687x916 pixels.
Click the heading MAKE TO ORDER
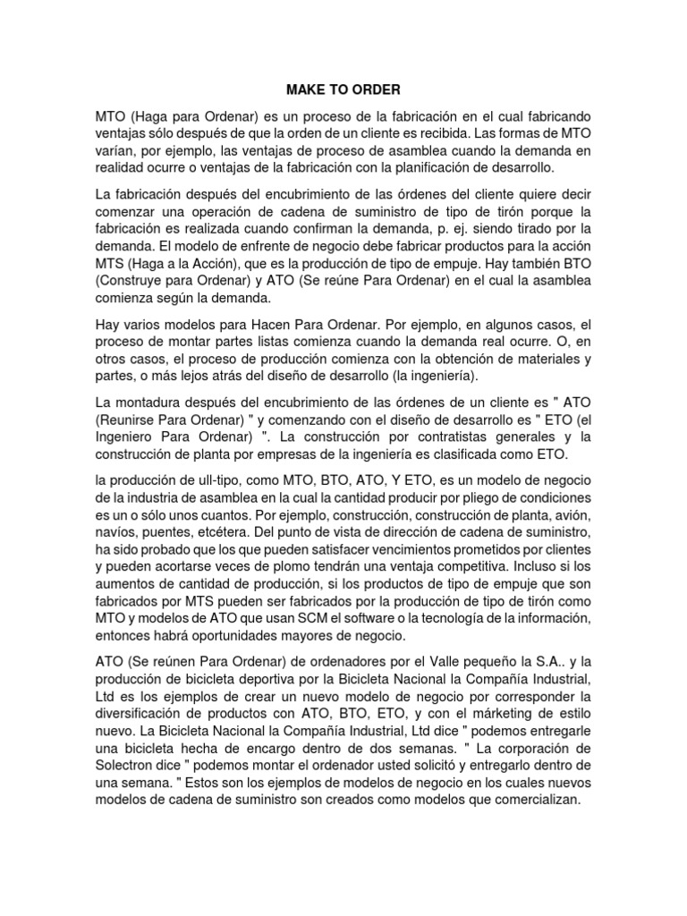point(343,90)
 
